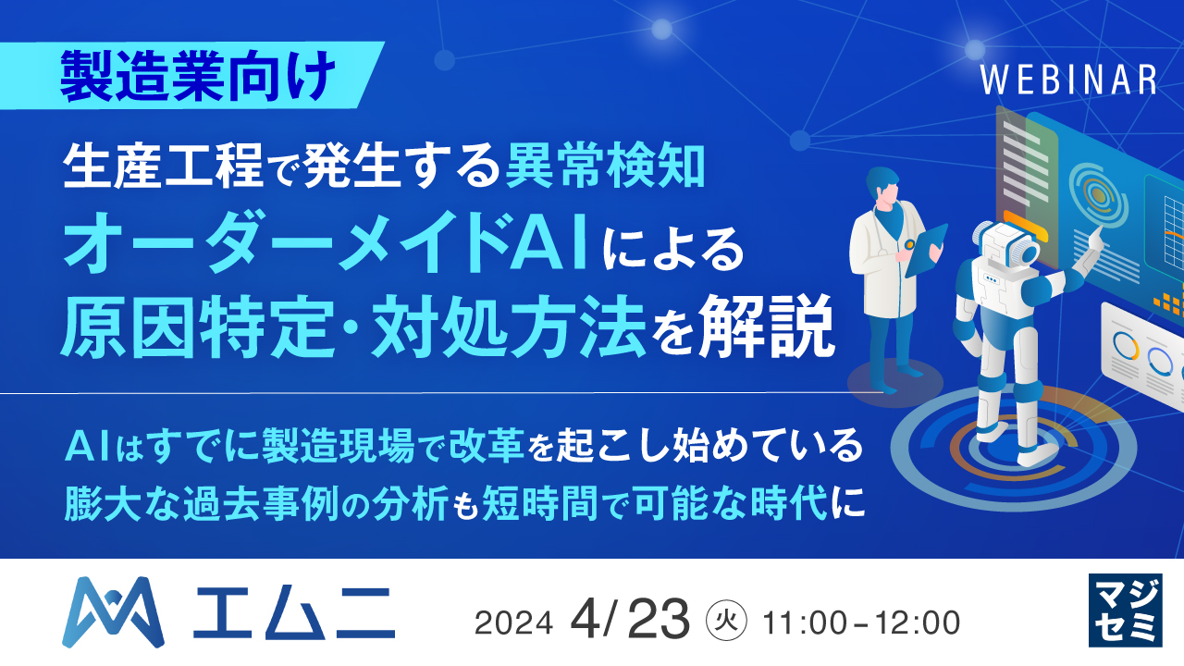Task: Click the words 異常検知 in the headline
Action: [607, 166]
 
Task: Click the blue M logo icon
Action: [113, 611]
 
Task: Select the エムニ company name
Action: [293, 612]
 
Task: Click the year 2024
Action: [512, 623]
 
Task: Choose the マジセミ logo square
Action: [1124, 610]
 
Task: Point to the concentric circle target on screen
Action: [1098, 195]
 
